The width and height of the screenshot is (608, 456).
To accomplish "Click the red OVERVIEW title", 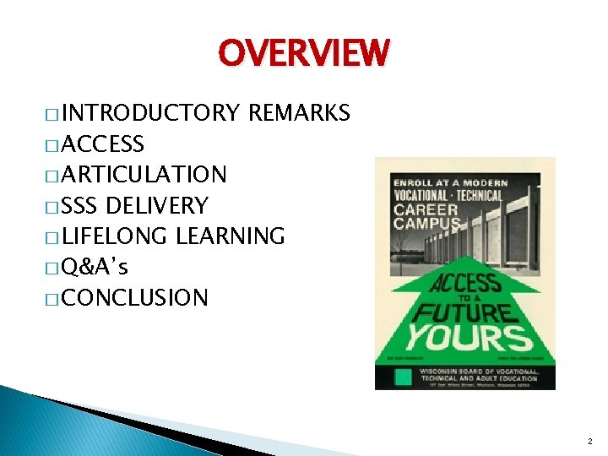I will click(x=304, y=52).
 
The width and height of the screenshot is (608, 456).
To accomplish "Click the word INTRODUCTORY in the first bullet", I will click(x=150, y=113).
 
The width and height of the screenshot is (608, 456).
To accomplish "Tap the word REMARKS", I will click(x=299, y=113).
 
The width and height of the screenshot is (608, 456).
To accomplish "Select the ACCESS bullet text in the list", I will click(x=103, y=144).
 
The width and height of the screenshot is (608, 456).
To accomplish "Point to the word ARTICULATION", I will click(x=144, y=175).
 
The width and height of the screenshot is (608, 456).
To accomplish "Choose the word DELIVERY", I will click(x=157, y=205).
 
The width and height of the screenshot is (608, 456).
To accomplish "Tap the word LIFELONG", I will click(x=115, y=236).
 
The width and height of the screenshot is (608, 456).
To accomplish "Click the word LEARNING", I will click(x=230, y=236).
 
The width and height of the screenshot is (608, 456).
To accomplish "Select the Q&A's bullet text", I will click(x=95, y=267).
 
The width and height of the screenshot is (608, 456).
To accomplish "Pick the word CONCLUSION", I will click(x=134, y=297).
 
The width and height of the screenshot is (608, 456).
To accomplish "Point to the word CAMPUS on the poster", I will click(x=425, y=225).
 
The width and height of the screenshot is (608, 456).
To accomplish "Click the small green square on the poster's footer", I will click(x=403, y=377).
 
